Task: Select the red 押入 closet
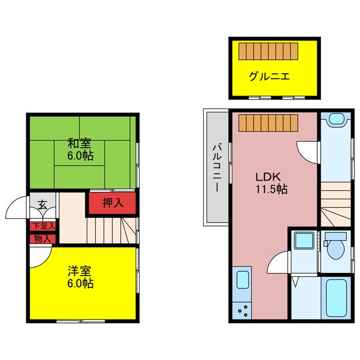click(x=112, y=204)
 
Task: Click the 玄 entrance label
click(x=43, y=204)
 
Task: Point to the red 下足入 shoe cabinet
click(x=43, y=227)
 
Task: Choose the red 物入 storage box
click(x=43, y=238)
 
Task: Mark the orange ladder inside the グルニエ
click(x=267, y=51)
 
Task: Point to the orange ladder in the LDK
click(x=267, y=122)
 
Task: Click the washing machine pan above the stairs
click(x=336, y=119)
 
